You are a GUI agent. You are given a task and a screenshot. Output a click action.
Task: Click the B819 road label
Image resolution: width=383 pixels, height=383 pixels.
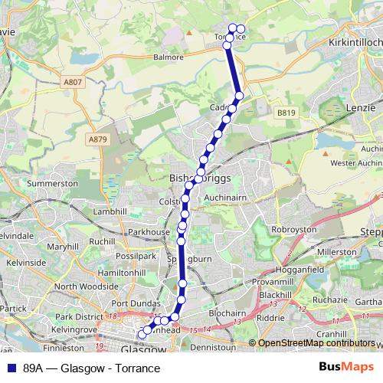[x=286, y=113]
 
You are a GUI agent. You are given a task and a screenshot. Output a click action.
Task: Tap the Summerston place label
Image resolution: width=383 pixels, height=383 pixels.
[x=53, y=184]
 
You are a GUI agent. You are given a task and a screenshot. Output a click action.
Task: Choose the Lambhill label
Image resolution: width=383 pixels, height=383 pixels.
[x=110, y=211]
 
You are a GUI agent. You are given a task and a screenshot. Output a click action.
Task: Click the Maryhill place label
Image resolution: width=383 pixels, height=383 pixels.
[x=63, y=247]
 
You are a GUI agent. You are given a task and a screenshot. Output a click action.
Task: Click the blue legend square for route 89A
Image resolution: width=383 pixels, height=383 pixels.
[x=11, y=368]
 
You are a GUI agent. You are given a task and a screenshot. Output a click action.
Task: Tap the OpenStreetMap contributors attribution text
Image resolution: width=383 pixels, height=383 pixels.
[x=316, y=343]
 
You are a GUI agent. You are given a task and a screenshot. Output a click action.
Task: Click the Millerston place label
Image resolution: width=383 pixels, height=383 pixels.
[x=337, y=251]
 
